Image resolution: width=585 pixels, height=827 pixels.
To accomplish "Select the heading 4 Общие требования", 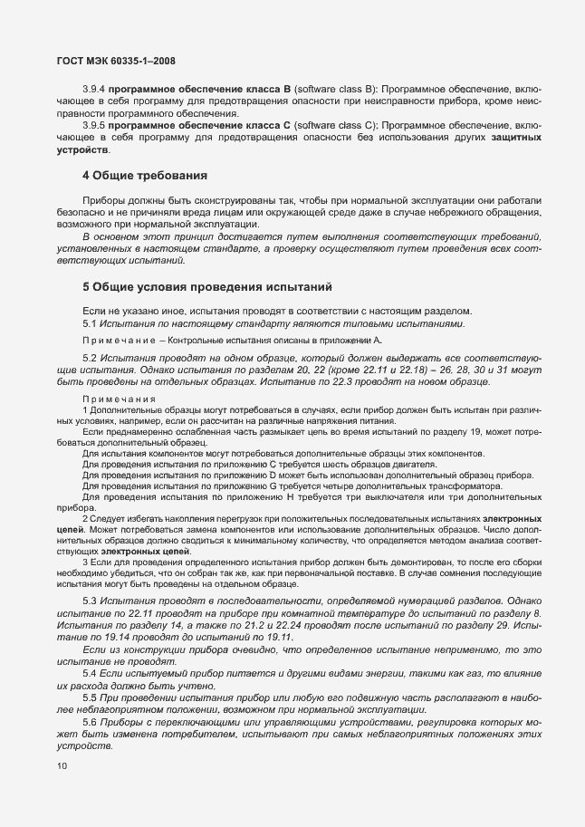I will (146, 174).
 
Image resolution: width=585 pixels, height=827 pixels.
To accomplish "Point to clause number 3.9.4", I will (94, 91).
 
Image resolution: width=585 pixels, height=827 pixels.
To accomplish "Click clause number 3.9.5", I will (94, 125).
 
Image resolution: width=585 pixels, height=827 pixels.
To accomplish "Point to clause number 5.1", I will (90, 323).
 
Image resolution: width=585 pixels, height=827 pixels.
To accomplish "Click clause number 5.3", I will (90, 601).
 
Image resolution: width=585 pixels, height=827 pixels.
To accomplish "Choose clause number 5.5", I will (90, 698).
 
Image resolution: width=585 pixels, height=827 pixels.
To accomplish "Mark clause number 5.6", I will (90, 723).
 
